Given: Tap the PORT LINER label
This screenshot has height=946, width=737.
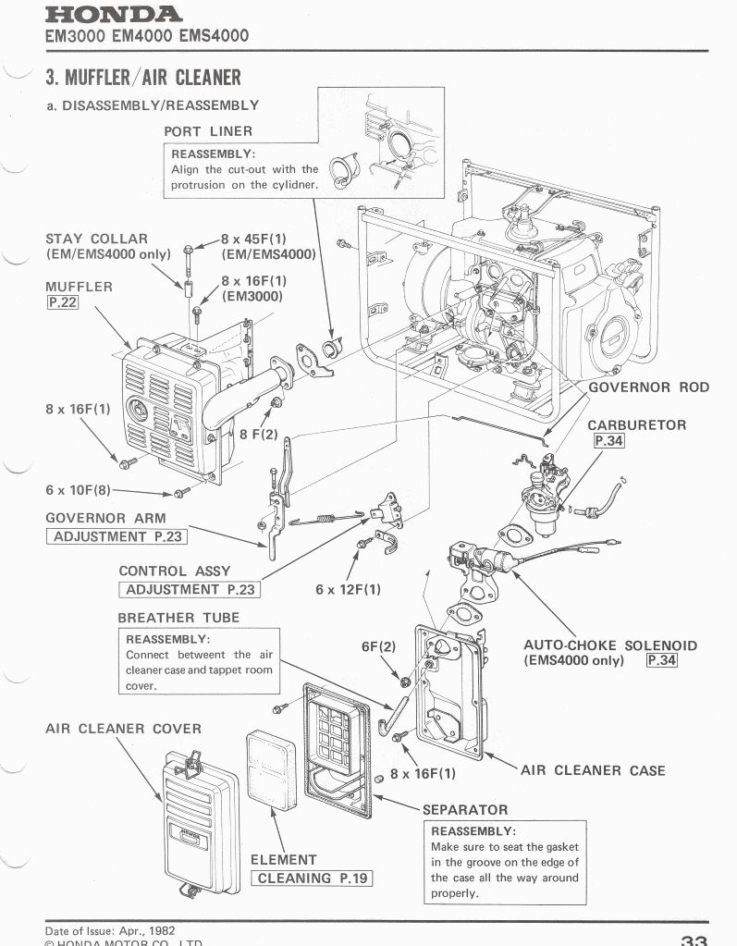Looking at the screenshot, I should pyautogui.click(x=208, y=131).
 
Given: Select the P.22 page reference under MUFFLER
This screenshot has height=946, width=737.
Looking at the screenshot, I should pyautogui.click(x=61, y=303).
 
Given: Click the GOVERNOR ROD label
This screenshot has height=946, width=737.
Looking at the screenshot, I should pyautogui.click(x=648, y=387).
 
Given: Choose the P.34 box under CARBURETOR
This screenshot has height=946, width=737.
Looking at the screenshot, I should pyautogui.click(x=609, y=441).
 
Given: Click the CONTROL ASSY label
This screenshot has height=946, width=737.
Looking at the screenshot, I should pyautogui.click(x=175, y=571).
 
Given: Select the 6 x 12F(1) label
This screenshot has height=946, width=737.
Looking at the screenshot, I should pyautogui.click(x=348, y=588).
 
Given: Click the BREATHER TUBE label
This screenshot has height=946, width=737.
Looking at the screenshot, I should pyautogui.click(x=178, y=617).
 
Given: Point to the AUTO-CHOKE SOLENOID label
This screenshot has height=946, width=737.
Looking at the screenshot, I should pyautogui.click(x=610, y=645).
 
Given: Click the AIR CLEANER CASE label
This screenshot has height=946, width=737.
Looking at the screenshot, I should pyautogui.click(x=593, y=770).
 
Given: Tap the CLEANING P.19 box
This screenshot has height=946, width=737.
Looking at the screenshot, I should pyautogui.click(x=312, y=878).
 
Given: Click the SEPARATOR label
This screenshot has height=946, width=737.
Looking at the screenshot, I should pyautogui.click(x=465, y=810).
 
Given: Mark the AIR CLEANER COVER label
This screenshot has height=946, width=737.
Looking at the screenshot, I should pyautogui.click(x=123, y=729).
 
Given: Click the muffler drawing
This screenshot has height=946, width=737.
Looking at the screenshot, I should pyautogui.click(x=171, y=407).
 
